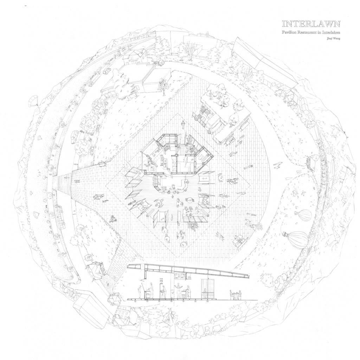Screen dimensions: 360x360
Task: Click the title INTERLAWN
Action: click(x=311, y=24)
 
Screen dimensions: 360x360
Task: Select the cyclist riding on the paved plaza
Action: click(x=113, y=219)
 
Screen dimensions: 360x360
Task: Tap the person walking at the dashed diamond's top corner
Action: click(x=183, y=124)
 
